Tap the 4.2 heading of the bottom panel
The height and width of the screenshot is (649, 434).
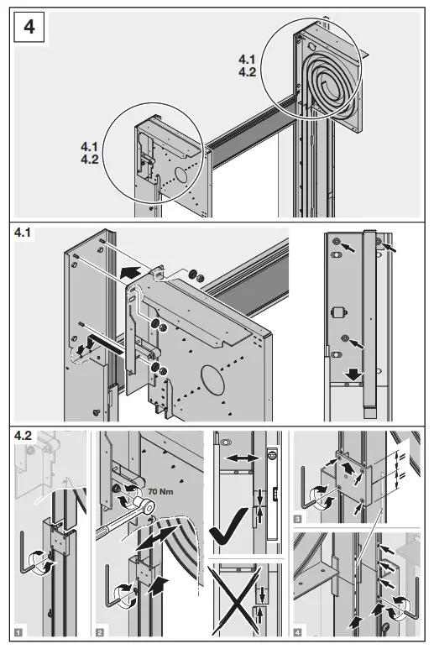[x=24, y=437]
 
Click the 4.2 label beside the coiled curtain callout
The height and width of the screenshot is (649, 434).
[x=247, y=72]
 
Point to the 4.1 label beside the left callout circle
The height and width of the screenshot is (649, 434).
[x=86, y=147]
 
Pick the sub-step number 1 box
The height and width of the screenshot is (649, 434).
[x=19, y=629]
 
